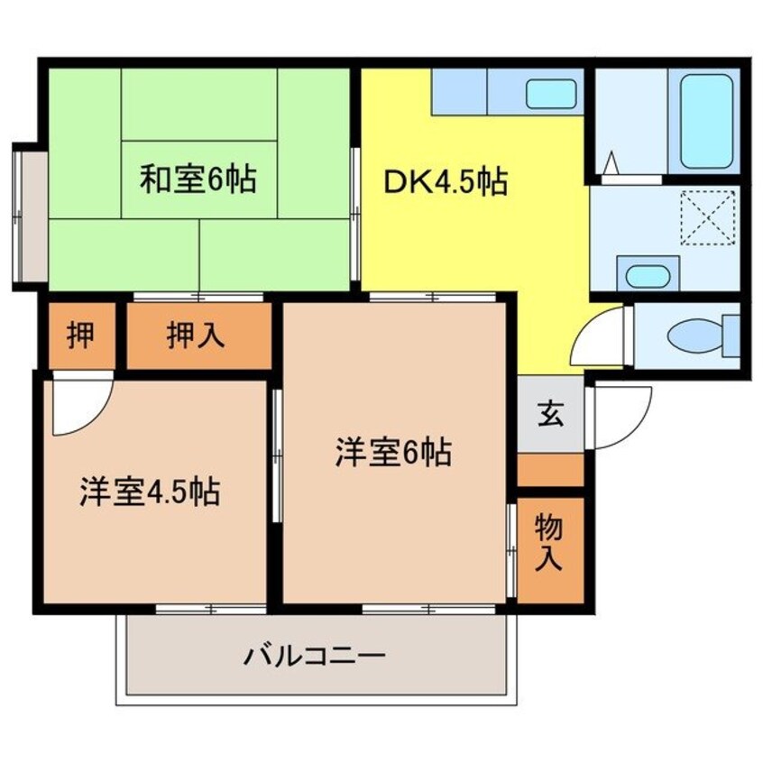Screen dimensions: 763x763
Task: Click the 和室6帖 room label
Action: (x=198, y=179)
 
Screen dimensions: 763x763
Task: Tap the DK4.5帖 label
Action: (x=446, y=182)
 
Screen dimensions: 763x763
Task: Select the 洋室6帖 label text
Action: (x=393, y=453)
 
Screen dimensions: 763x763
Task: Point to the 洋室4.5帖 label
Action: (x=150, y=492)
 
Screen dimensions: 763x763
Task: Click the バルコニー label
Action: (x=315, y=657)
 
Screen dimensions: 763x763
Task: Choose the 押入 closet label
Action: (x=196, y=336)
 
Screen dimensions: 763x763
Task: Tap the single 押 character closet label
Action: (x=80, y=336)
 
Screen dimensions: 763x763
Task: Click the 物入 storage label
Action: (x=549, y=543)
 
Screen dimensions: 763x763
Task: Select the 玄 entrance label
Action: (x=550, y=414)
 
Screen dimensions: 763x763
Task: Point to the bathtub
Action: (x=706, y=121)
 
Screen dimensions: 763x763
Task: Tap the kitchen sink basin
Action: (x=551, y=94)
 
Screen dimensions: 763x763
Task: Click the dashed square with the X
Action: (x=707, y=218)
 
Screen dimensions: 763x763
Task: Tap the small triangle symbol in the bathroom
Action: (x=611, y=162)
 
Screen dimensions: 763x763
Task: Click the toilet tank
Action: (x=731, y=335)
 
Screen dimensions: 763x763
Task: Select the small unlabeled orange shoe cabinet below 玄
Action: (x=550, y=470)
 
